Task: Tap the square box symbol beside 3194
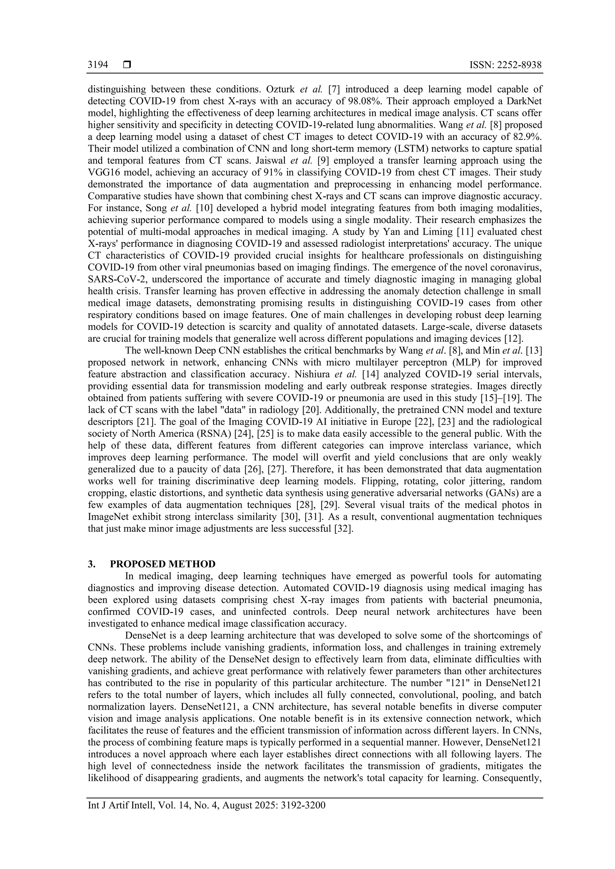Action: pos(127,65)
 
